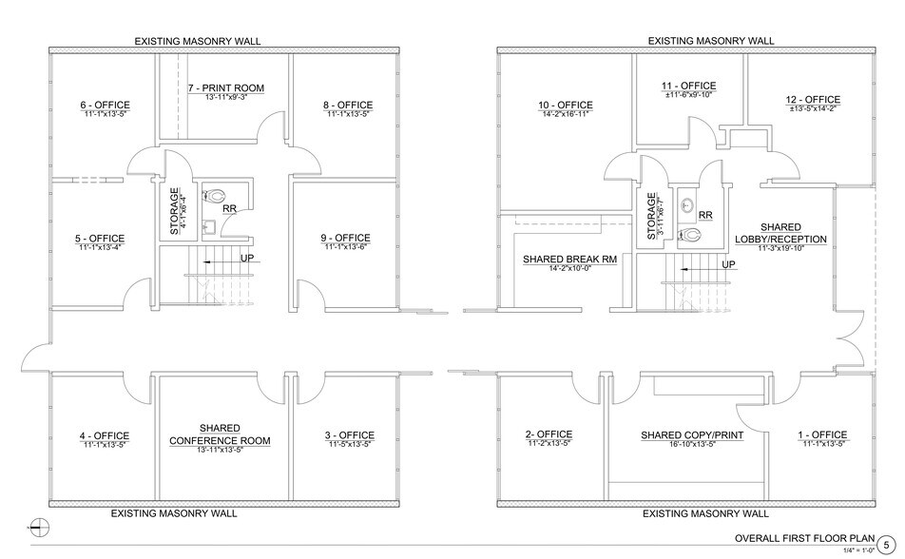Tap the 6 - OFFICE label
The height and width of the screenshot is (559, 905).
tap(105, 105)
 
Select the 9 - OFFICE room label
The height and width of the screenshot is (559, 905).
tap(346, 238)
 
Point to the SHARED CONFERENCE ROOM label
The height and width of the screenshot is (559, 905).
tap(220, 434)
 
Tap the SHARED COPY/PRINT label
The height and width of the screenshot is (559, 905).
tap(690, 435)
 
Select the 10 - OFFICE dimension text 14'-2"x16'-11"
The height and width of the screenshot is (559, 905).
tap(565, 114)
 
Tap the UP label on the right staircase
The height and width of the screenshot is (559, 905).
tap(730, 264)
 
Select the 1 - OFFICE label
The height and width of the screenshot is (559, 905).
tap(821, 435)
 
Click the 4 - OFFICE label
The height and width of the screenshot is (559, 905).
tap(104, 436)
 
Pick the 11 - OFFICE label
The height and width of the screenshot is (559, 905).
tap(689, 86)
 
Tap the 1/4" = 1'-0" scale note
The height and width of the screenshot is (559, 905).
tap(857, 550)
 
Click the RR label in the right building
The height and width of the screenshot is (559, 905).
tap(704, 216)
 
